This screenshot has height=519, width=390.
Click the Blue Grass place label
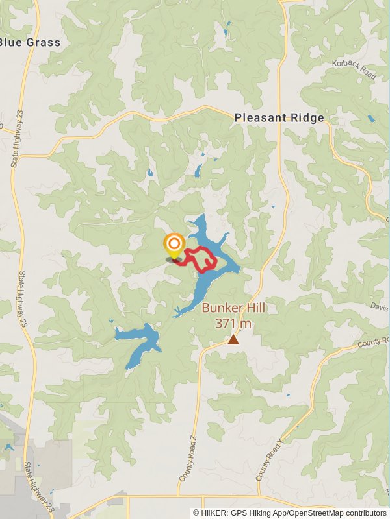[31, 42]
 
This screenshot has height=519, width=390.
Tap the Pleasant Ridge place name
[279, 117]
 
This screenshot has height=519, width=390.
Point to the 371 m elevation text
[233, 322]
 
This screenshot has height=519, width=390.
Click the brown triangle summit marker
[233, 339]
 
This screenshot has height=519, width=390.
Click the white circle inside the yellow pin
[174, 245]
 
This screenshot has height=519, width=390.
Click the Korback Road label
[354, 69]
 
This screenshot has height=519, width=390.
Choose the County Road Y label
[270, 460]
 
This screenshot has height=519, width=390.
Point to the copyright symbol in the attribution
[196, 513]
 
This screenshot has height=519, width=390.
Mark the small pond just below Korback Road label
[370, 119]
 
